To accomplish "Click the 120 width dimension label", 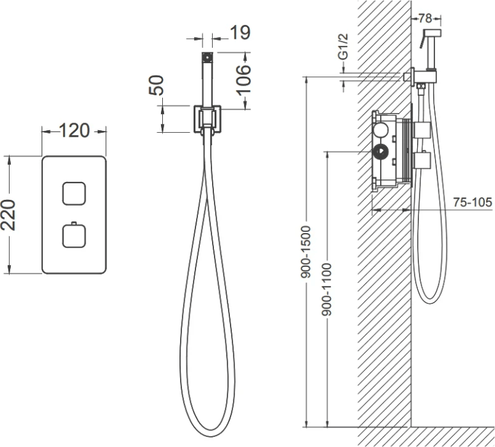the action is [74, 130].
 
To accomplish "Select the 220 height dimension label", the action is [8, 215].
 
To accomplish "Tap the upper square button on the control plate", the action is [74, 193].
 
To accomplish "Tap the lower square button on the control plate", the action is [74, 235].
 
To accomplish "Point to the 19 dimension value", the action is [240, 33].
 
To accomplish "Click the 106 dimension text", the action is [243, 80].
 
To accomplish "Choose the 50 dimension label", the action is [156, 85].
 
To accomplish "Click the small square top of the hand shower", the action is [207, 57].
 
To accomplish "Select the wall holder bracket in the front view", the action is [207, 119].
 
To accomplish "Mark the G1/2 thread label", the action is [343, 47].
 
